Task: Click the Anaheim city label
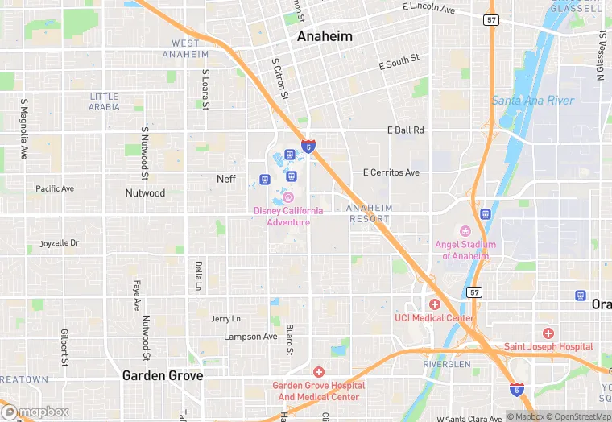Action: click(x=325, y=36)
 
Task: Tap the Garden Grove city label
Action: click(x=162, y=375)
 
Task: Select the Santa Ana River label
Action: click(x=532, y=101)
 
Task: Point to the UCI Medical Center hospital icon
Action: click(x=434, y=304)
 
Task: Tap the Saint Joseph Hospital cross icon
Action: click(x=548, y=333)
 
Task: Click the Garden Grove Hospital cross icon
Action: click(x=318, y=372)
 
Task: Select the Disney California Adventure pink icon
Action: click(x=288, y=197)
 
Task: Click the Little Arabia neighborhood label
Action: click(x=105, y=101)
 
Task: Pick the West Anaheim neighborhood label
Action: click(x=186, y=48)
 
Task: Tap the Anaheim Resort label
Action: click(x=370, y=213)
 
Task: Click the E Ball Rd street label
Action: click(x=405, y=130)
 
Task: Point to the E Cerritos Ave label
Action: click(x=391, y=172)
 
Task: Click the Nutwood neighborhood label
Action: click(x=145, y=193)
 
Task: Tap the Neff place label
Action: click(x=226, y=179)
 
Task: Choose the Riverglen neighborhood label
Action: click(x=446, y=364)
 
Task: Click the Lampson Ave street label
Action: click(x=250, y=337)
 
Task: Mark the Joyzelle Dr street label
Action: click(x=60, y=242)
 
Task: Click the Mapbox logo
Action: click(x=36, y=412)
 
